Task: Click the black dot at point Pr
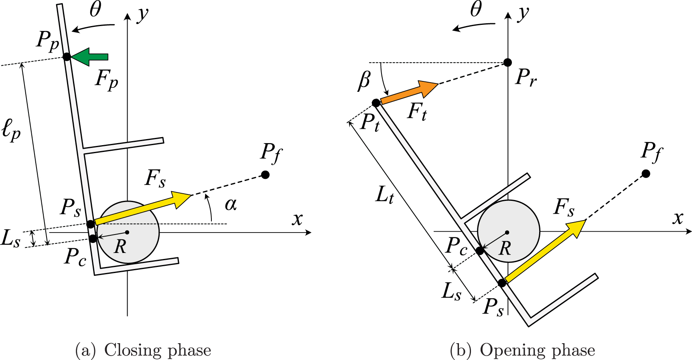[507, 62]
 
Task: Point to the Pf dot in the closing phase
[265, 174]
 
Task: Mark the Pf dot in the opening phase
[645, 173]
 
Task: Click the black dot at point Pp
[67, 57]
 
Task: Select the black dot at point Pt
[376, 103]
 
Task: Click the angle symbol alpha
[231, 204]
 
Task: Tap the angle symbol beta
[364, 80]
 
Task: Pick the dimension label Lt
[384, 195]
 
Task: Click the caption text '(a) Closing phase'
[143, 350]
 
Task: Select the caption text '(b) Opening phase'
[522, 350]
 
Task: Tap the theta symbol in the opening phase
[476, 9]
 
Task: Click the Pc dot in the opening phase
[480, 251]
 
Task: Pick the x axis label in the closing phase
[297, 219]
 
